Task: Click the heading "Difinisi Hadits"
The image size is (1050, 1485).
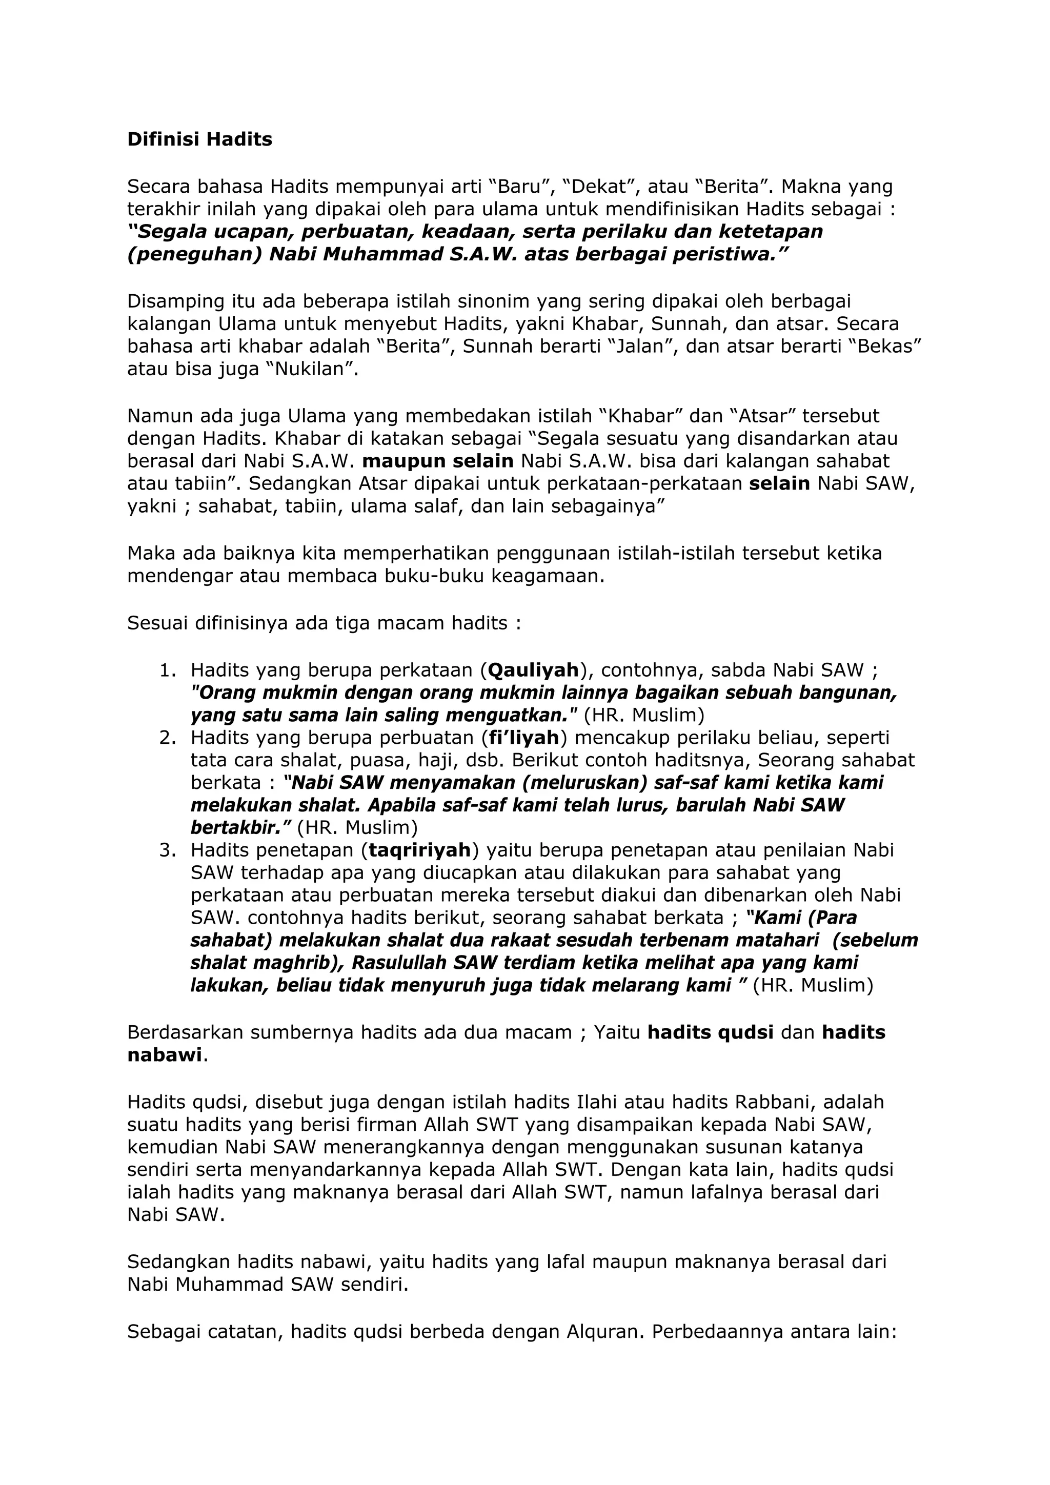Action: click(x=199, y=139)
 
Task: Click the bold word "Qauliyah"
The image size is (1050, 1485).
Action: click(x=533, y=670)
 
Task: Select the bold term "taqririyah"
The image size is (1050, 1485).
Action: click(x=419, y=850)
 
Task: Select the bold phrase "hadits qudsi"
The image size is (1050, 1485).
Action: click(x=711, y=1032)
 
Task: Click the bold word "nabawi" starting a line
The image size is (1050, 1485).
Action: click(x=165, y=1055)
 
